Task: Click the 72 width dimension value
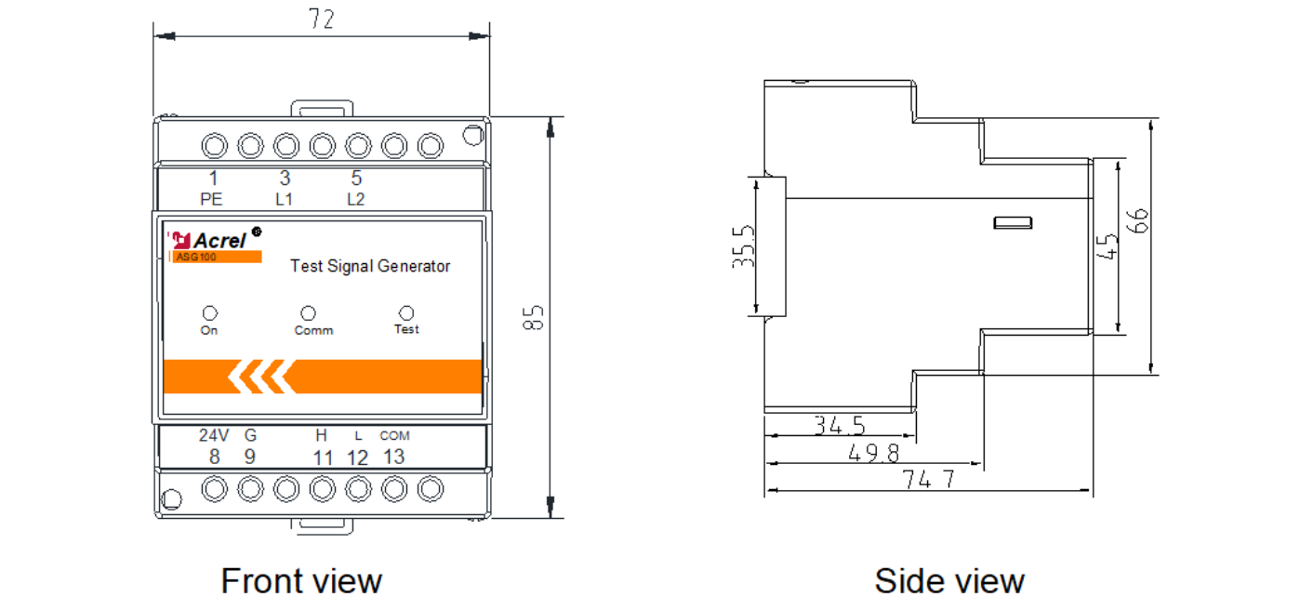coord(322,20)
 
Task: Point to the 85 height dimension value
coord(534,318)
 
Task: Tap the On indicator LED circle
coord(209,313)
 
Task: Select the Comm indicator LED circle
coord(308,313)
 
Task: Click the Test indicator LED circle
coord(406,313)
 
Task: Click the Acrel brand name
coord(219,240)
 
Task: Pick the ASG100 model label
coord(196,257)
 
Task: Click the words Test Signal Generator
coord(370,266)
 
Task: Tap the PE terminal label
coord(211,200)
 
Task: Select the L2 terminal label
coord(356,200)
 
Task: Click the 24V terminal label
coord(214,435)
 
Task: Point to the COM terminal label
coord(394,436)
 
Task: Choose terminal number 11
coord(324,458)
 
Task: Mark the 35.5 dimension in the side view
coord(744,247)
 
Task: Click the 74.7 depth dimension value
coord(928,479)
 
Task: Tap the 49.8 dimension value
coord(873,453)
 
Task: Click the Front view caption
coord(302,581)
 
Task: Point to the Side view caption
coord(949,581)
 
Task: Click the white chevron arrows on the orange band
coord(261,377)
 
